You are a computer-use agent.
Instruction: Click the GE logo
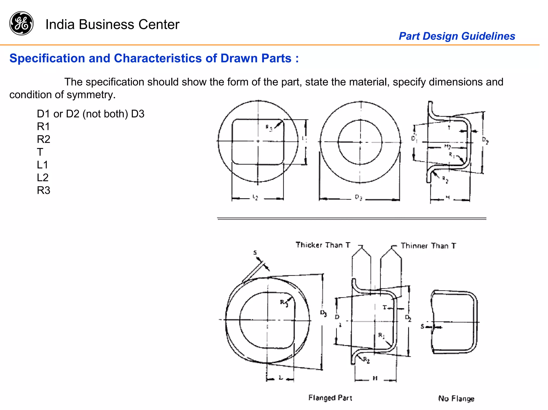[x=21, y=23]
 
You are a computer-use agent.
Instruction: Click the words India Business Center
[x=112, y=25]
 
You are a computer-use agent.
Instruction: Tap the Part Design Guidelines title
[x=457, y=36]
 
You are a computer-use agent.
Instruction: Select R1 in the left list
[x=43, y=126]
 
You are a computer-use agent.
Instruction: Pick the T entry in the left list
[x=40, y=152]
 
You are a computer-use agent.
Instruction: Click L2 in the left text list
[x=43, y=177]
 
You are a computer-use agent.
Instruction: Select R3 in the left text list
[x=43, y=190]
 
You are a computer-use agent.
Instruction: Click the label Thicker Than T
[x=323, y=245]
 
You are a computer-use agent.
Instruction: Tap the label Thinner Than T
[x=428, y=246]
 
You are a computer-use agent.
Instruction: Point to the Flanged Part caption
[x=330, y=398]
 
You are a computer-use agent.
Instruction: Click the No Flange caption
[x=456, y=399]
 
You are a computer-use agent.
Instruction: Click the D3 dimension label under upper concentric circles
[x=359, y=197]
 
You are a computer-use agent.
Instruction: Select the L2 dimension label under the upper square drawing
[x=255, y=197]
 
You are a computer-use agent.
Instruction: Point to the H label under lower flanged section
[x=375, y=378]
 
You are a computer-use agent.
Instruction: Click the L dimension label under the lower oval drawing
[x=280, y=377]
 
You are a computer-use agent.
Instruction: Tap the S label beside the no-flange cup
[x=423, y=326]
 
